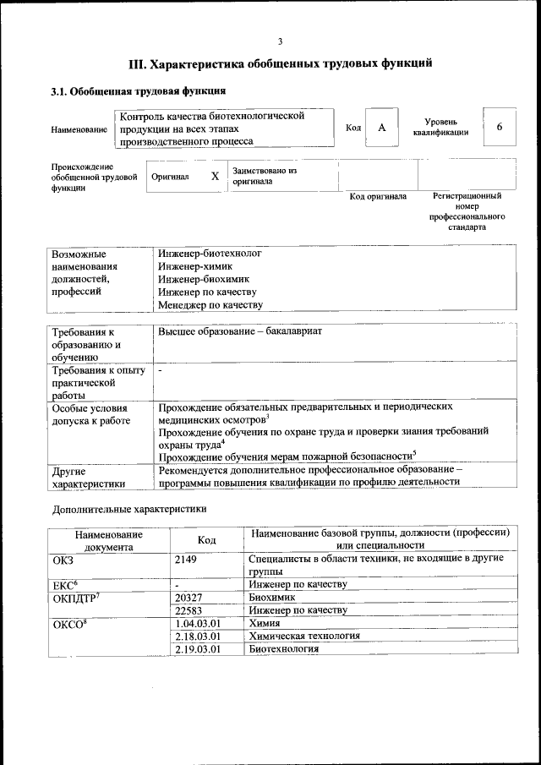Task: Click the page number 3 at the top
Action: click(280, 41)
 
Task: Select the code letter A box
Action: click(381, 127)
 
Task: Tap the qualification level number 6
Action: click(499, 127)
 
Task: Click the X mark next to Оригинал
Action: click(215, 176)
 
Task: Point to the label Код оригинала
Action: click(378, 196)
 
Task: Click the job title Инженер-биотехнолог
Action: click(210, 253)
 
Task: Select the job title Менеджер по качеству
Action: click(210, 304)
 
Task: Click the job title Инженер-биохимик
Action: click(203, 278)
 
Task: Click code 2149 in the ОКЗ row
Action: click(185, 559)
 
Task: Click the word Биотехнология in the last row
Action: click(283, 648)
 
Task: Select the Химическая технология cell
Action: click(304, 636)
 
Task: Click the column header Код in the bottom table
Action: click(207, 540)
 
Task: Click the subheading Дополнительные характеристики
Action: click(128, 510)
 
